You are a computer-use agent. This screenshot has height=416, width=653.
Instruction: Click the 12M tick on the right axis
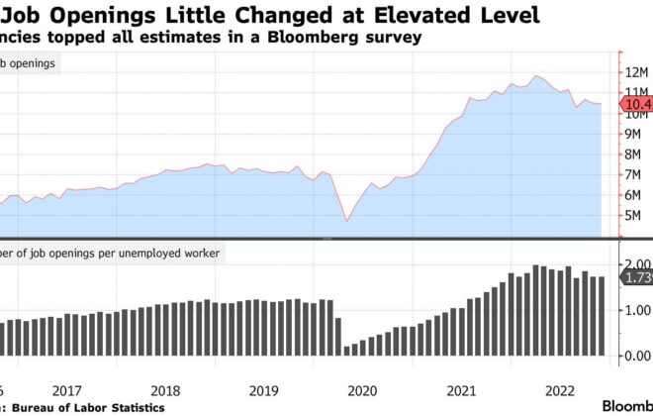click(634, 72)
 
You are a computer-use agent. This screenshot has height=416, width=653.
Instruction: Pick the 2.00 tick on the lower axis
click(634, 264)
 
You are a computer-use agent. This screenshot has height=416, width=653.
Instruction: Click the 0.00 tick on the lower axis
click(634, 356)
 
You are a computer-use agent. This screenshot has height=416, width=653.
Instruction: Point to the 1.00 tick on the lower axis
click(634, 310)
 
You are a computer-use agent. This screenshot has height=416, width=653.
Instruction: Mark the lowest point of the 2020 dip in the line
click(346, 220)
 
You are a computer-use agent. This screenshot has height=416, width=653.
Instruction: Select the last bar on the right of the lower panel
click(600, 316)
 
